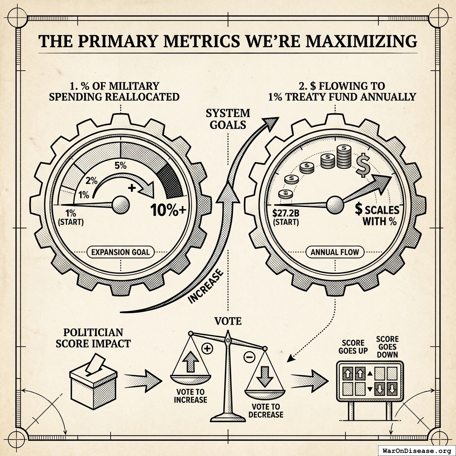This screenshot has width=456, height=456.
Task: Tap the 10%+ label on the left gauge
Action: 168,209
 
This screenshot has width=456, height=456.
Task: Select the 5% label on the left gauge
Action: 120,166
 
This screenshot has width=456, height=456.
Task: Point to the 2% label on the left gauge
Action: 91,181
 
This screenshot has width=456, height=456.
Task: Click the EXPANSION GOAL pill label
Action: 120,252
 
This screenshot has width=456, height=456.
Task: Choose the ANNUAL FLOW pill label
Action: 335,252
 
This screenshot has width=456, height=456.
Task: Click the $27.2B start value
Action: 285,213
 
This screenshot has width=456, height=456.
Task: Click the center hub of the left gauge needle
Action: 121,205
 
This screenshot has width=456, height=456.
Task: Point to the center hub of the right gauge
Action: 335,205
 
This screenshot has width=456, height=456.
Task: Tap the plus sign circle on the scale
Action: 207,348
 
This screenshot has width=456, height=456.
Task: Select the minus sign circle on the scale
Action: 249,357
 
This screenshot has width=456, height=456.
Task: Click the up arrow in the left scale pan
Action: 191,362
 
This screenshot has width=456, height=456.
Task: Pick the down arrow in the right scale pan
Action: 265,376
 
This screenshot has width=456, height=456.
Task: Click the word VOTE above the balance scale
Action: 228,321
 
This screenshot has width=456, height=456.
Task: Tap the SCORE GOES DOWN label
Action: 387,347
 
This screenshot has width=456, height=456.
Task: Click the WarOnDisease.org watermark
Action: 416,451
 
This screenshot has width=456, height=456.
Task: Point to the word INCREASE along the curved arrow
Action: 206,286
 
